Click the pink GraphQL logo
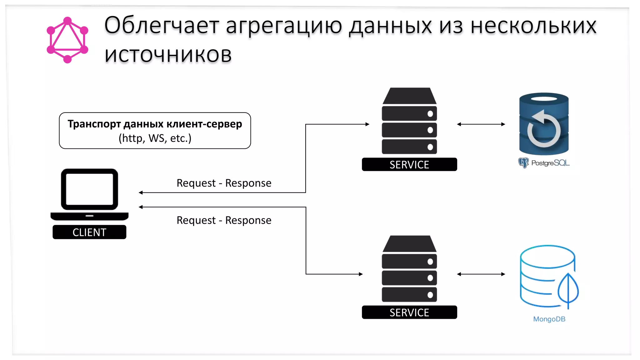(67, 40)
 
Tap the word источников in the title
(168, 55)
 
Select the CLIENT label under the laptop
(89, 232)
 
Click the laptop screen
(89, 189)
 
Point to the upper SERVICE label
(409, 165)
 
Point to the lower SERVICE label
(409, 312)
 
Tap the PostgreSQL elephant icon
(523, 163)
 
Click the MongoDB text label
(549, 319)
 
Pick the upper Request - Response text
(224, 183)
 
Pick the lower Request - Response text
(224, 220)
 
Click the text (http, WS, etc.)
(155, 138)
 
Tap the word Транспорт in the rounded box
(94, 124)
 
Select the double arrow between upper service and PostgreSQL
(481, 124)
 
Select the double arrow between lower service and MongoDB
(481, 274)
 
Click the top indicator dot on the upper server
(430, 114)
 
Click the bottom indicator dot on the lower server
(430, 295)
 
